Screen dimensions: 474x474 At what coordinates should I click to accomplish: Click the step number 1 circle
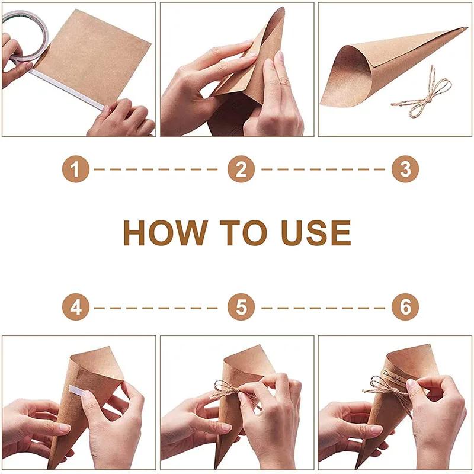tap(75, 170)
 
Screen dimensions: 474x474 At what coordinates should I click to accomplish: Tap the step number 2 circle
tap(241, 170)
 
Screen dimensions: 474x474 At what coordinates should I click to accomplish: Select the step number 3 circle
tap(405, 170)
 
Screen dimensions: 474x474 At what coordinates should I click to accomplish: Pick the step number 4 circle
tap(75, 308)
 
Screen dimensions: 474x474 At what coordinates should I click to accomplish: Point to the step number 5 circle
tap(241, 308)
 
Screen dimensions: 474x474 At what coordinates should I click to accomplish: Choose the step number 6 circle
tap(405, 308)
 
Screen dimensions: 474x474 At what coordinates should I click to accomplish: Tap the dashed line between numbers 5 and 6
tap(323, 308)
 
